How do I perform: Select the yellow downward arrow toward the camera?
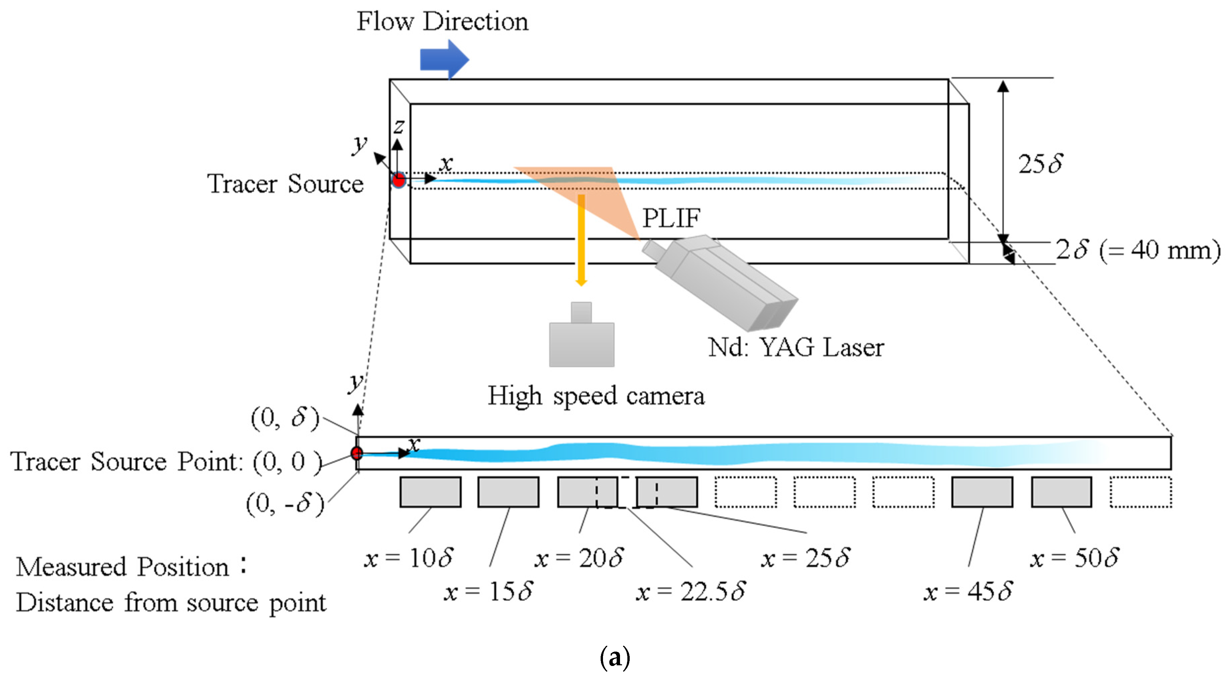pos(581,239)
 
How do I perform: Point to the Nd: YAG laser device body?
pos(721,282)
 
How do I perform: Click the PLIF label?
pos(671,218)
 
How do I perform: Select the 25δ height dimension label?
pos(1040,164)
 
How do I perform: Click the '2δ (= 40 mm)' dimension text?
pos(1137,250)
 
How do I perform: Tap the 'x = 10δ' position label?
pos(408,557)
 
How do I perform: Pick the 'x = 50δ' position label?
pos(1074,557)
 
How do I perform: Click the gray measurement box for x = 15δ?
pos(508,492)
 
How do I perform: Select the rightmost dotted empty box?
pos(1140,492)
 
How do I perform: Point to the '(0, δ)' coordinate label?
pos(285,418)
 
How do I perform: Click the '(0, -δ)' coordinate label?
pos(285,503)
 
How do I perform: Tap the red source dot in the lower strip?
pos(357,453)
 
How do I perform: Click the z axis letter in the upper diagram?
pos(399,126)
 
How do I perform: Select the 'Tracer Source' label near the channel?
pos(285,184)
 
